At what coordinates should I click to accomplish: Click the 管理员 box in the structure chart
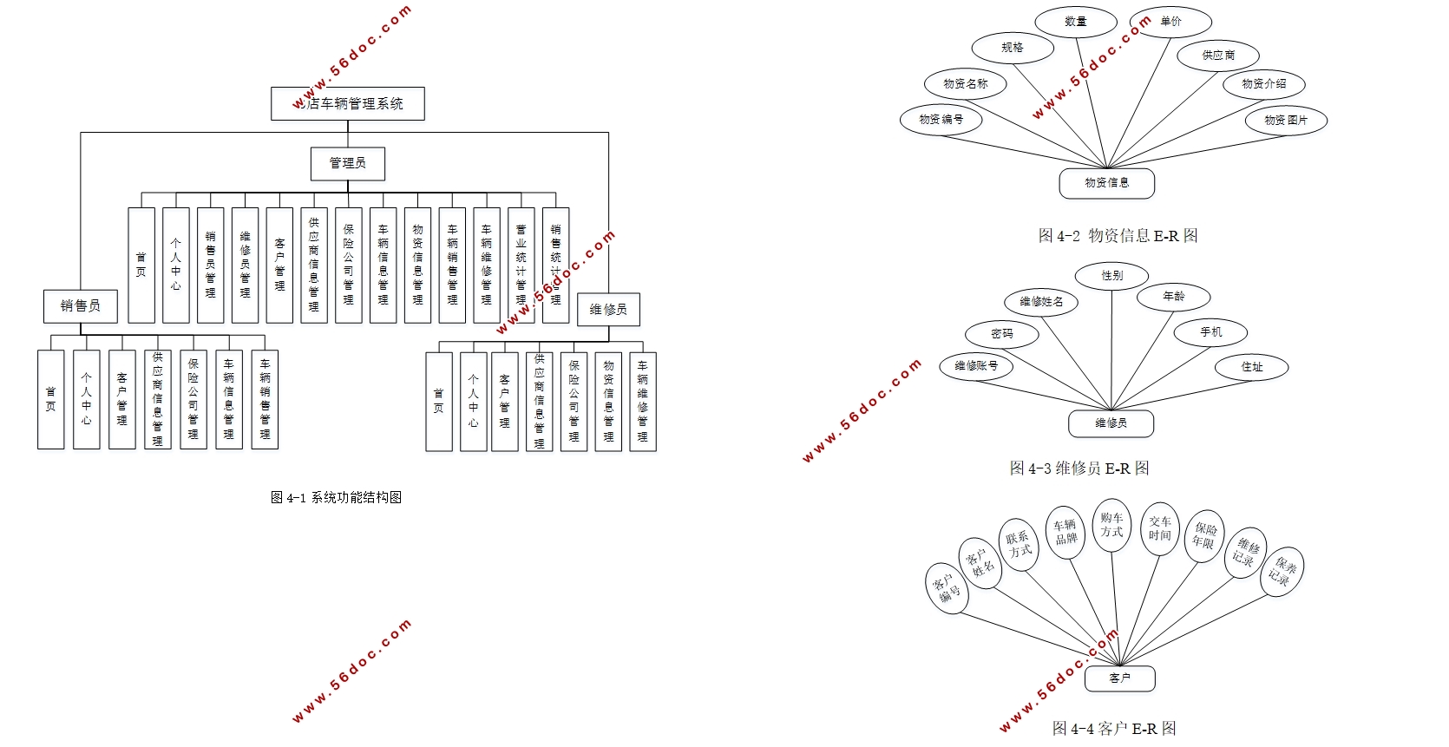(347, 163)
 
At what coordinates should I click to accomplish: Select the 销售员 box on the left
(81, 306)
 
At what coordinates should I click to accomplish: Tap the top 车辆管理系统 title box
(348, 103)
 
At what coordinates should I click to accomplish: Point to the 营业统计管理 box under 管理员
(521, 265)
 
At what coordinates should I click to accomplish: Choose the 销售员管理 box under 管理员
(210, 265)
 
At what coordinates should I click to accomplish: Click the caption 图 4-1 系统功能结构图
(336, 497)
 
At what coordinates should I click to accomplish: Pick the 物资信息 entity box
(1107, 183)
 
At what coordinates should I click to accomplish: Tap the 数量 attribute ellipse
(1076, 22)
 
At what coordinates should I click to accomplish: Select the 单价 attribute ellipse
(1170, 22)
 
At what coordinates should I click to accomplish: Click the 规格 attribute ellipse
(1013, 48)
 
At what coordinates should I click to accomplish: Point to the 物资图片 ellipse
(1286, 120)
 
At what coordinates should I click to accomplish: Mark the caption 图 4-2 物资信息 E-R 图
(1118, 235)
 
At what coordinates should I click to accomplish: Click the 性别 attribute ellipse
(1112, 276)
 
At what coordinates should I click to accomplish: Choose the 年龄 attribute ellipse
(1174, 297)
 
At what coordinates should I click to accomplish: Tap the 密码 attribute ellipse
(1002, 334)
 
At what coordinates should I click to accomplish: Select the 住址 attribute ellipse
(1252, 367)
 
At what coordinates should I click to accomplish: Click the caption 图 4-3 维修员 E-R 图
(1079, 468)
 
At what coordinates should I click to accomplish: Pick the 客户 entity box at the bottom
(1120, 678)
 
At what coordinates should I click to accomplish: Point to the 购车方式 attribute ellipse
(1112, 525)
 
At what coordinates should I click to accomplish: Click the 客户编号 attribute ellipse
(947, 588)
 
